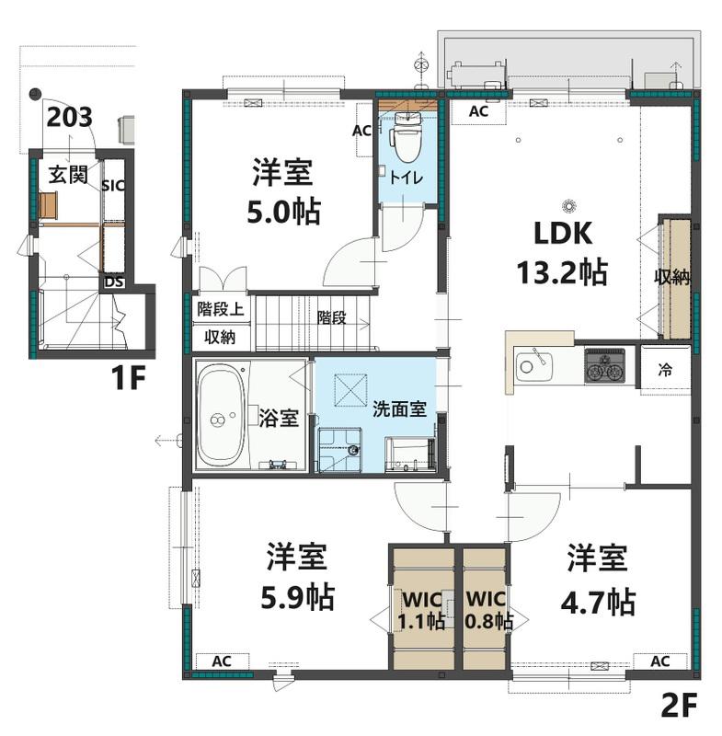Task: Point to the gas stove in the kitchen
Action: [604, 365]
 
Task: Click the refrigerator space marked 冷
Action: [665, 370]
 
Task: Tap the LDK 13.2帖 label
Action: [563, 254]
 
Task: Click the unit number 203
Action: [69, 118]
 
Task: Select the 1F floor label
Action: [128, 377]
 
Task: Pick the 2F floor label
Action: [679, 705]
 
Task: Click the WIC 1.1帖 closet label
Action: [422, 610]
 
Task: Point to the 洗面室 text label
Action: [399, 409]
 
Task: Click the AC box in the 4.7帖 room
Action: [660, 661]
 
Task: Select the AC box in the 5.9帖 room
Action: [222, 661]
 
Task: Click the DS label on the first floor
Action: [114, 282]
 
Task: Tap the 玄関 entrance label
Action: [68, 175]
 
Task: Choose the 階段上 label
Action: [221, 309]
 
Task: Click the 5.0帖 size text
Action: [284, 213]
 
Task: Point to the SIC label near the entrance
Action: [113, 186]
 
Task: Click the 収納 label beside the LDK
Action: [672, 278]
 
